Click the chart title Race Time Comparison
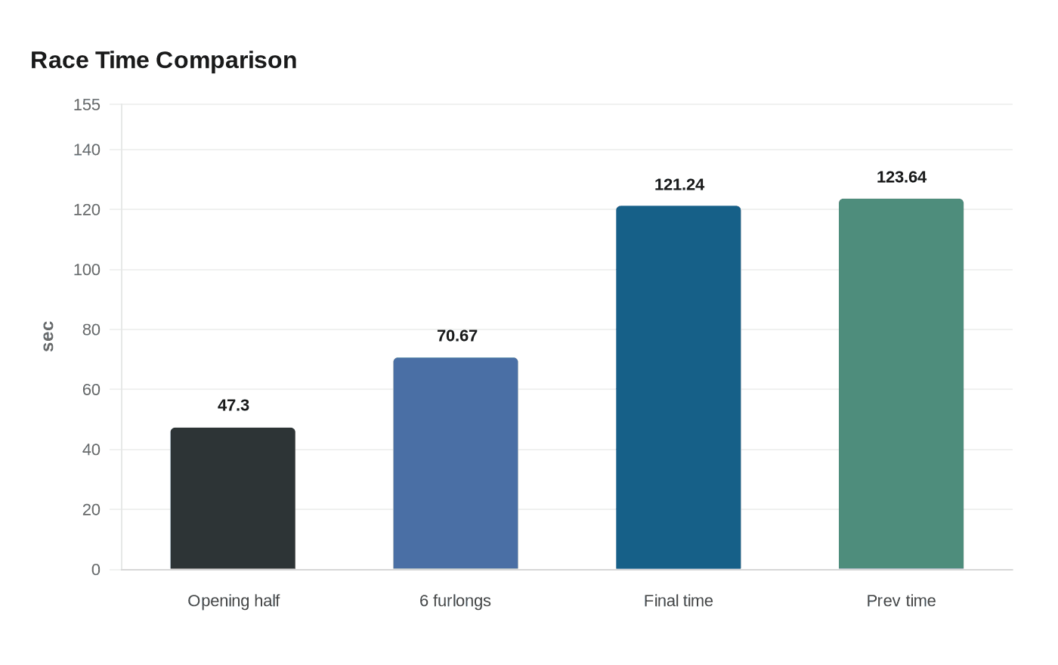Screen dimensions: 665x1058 (x=163, y=60)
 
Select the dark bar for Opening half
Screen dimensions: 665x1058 (x=233, y=499)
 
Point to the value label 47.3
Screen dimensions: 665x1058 (x=233, y=406)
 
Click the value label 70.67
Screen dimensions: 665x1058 (x=456, y=336)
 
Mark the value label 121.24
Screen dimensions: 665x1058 (x=679, y=185)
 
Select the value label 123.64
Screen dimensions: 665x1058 (x=901, y=178)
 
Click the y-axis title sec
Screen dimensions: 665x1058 (x=48, y=336)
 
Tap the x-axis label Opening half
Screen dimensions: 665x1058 (x=233, y=601)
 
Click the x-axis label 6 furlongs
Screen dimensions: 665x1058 (x=455, y=601)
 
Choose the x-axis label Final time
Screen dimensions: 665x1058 (x=678, y=601)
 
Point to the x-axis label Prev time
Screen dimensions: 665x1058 (x=901, y=601)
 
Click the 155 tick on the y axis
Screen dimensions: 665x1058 (x=87, y=105)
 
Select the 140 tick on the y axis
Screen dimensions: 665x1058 (x=87, y=150)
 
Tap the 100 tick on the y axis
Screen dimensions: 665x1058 (x=87, y=270)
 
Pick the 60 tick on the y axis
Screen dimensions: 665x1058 (x=91, y=390)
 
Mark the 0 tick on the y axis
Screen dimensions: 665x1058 (x=96, y=570)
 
